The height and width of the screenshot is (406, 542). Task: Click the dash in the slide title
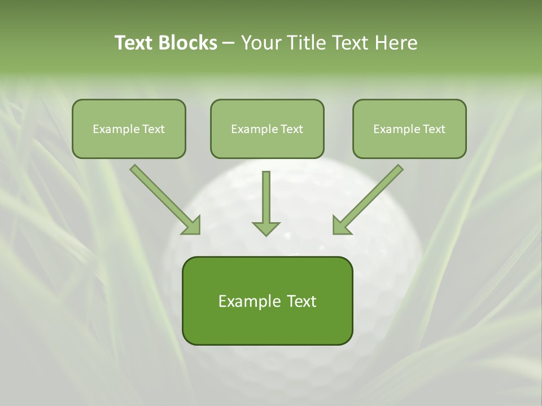(x=229, y=43)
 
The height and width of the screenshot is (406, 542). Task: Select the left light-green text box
(x=129, y=129)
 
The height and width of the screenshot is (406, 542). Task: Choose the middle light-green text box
(x=267, y=129)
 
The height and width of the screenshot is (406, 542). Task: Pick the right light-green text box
(x=409, y=129)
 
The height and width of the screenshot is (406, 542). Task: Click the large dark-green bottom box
(x=267, y=301)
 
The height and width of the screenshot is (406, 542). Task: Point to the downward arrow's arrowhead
(x=266, y=228)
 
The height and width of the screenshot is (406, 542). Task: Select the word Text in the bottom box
(x=301, y=301)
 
